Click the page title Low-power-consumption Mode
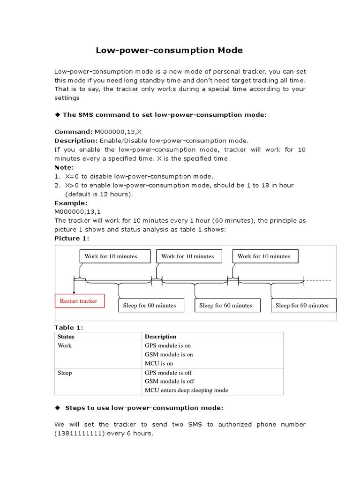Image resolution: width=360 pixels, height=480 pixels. (x=169, y=50)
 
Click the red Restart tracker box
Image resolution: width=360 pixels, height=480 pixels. (x=79, y=301)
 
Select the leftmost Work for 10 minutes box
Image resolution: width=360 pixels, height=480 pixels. (x=115, y=256)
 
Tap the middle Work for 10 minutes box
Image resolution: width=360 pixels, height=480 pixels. (x=187, y=256)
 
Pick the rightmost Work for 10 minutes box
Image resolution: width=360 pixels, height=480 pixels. (x=264, y=256)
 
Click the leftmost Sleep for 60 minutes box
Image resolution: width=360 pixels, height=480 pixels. (x=150, y=306)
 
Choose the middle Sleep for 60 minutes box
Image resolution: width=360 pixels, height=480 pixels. (x=226, y=306)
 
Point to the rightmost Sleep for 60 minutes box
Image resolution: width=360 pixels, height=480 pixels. (x=302, y=306)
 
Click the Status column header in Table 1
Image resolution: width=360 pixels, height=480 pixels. (x=66, y=337)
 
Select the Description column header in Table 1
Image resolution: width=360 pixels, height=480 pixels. (x=160, y=337)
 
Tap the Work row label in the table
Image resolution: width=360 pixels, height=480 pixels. (x=64, y=345)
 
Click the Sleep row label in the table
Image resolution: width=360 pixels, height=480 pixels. (x=65, y=373)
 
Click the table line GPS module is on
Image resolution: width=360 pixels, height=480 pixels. (x=168, y=345)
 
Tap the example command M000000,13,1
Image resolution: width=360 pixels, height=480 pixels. (x=77, y=212)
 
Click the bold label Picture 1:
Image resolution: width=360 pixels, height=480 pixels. (x=72, y=239)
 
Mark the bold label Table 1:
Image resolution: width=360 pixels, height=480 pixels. (x=68, y=328)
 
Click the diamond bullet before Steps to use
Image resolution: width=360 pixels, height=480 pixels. (x=58, y=408)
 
